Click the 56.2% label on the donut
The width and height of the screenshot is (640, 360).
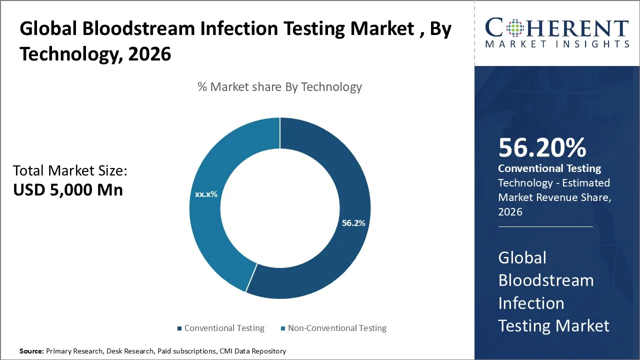[353, 223]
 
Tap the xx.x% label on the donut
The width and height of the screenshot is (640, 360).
[206, 194]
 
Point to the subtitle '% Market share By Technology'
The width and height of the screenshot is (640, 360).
[279, 87]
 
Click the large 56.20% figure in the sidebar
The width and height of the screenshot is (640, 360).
[542, 148]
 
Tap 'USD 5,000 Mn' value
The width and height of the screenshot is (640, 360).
[68, 190]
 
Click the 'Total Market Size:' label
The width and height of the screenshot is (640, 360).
[70, 171]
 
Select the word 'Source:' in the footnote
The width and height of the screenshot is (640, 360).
[31, 351]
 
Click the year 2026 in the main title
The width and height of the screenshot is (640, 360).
[149, 53]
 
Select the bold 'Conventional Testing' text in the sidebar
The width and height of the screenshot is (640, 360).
[549, 168]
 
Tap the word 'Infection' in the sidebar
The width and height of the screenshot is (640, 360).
[531, 303]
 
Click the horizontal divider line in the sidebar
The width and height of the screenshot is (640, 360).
[545, 226]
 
